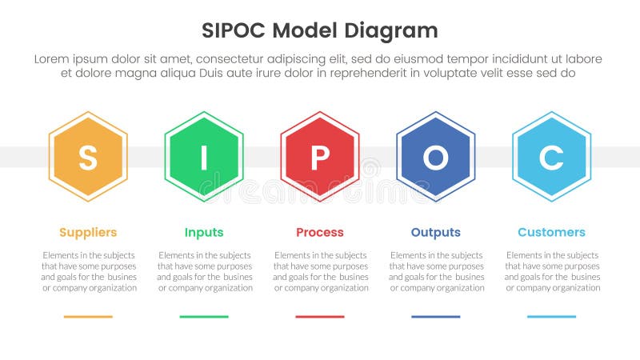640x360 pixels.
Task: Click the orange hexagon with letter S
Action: pyautogui.click(x=88, y=157)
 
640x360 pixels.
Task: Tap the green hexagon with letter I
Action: pyautogui.click(x=204, y=157)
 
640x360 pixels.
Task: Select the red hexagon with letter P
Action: pyautogui.click(x=320, y=157)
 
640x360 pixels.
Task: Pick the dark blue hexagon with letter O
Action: pyautogui.click(x=436, y=157)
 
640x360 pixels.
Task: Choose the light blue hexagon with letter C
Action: pyautogui.click(x=551, y=157)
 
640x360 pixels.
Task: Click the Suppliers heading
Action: pyautogui.click(x=88, y=233)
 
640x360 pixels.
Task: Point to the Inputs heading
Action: pyautogui.click(x=204, y=233)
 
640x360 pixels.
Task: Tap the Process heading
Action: pyautogui.click(x=320, y=233)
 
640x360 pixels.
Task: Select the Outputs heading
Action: pyautogui.click(x=436, y=233)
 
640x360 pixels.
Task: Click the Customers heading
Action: pyautogui.click(x=551, y=233)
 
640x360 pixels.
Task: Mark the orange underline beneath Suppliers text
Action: pyautogui.click(x=88, y=317)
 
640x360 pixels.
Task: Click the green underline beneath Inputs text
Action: pyautogui.click(x=204, y=317)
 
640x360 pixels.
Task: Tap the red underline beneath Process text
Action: pyautogui.click(x=320, y=317)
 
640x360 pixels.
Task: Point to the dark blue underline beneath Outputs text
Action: pyautogui.click(x=436, y=317)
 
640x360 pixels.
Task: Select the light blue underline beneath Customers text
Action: pyautogui.click(x=551, y=317)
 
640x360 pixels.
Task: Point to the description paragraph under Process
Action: pyautogui.click(x=320, y=271)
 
